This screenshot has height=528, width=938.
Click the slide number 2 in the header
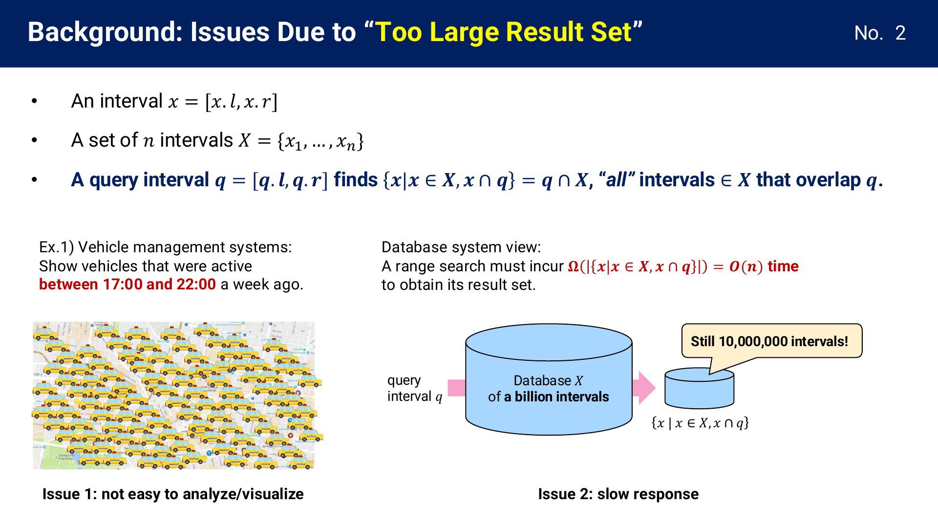900,33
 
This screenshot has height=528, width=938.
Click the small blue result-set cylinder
699,389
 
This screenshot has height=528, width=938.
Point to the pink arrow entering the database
457,388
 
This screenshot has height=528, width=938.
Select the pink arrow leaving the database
643,388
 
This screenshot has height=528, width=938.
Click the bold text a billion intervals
556,396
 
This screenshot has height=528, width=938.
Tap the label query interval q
415,388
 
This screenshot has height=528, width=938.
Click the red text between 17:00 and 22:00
128,284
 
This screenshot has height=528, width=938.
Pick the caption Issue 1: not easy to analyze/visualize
173,494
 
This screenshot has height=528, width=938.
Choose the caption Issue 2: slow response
618,494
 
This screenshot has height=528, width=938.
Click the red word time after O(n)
783,266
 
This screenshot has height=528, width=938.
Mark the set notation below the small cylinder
700,423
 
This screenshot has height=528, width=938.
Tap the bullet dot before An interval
34,101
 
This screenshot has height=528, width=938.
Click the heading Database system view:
461,247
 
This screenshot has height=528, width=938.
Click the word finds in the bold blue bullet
356,180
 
